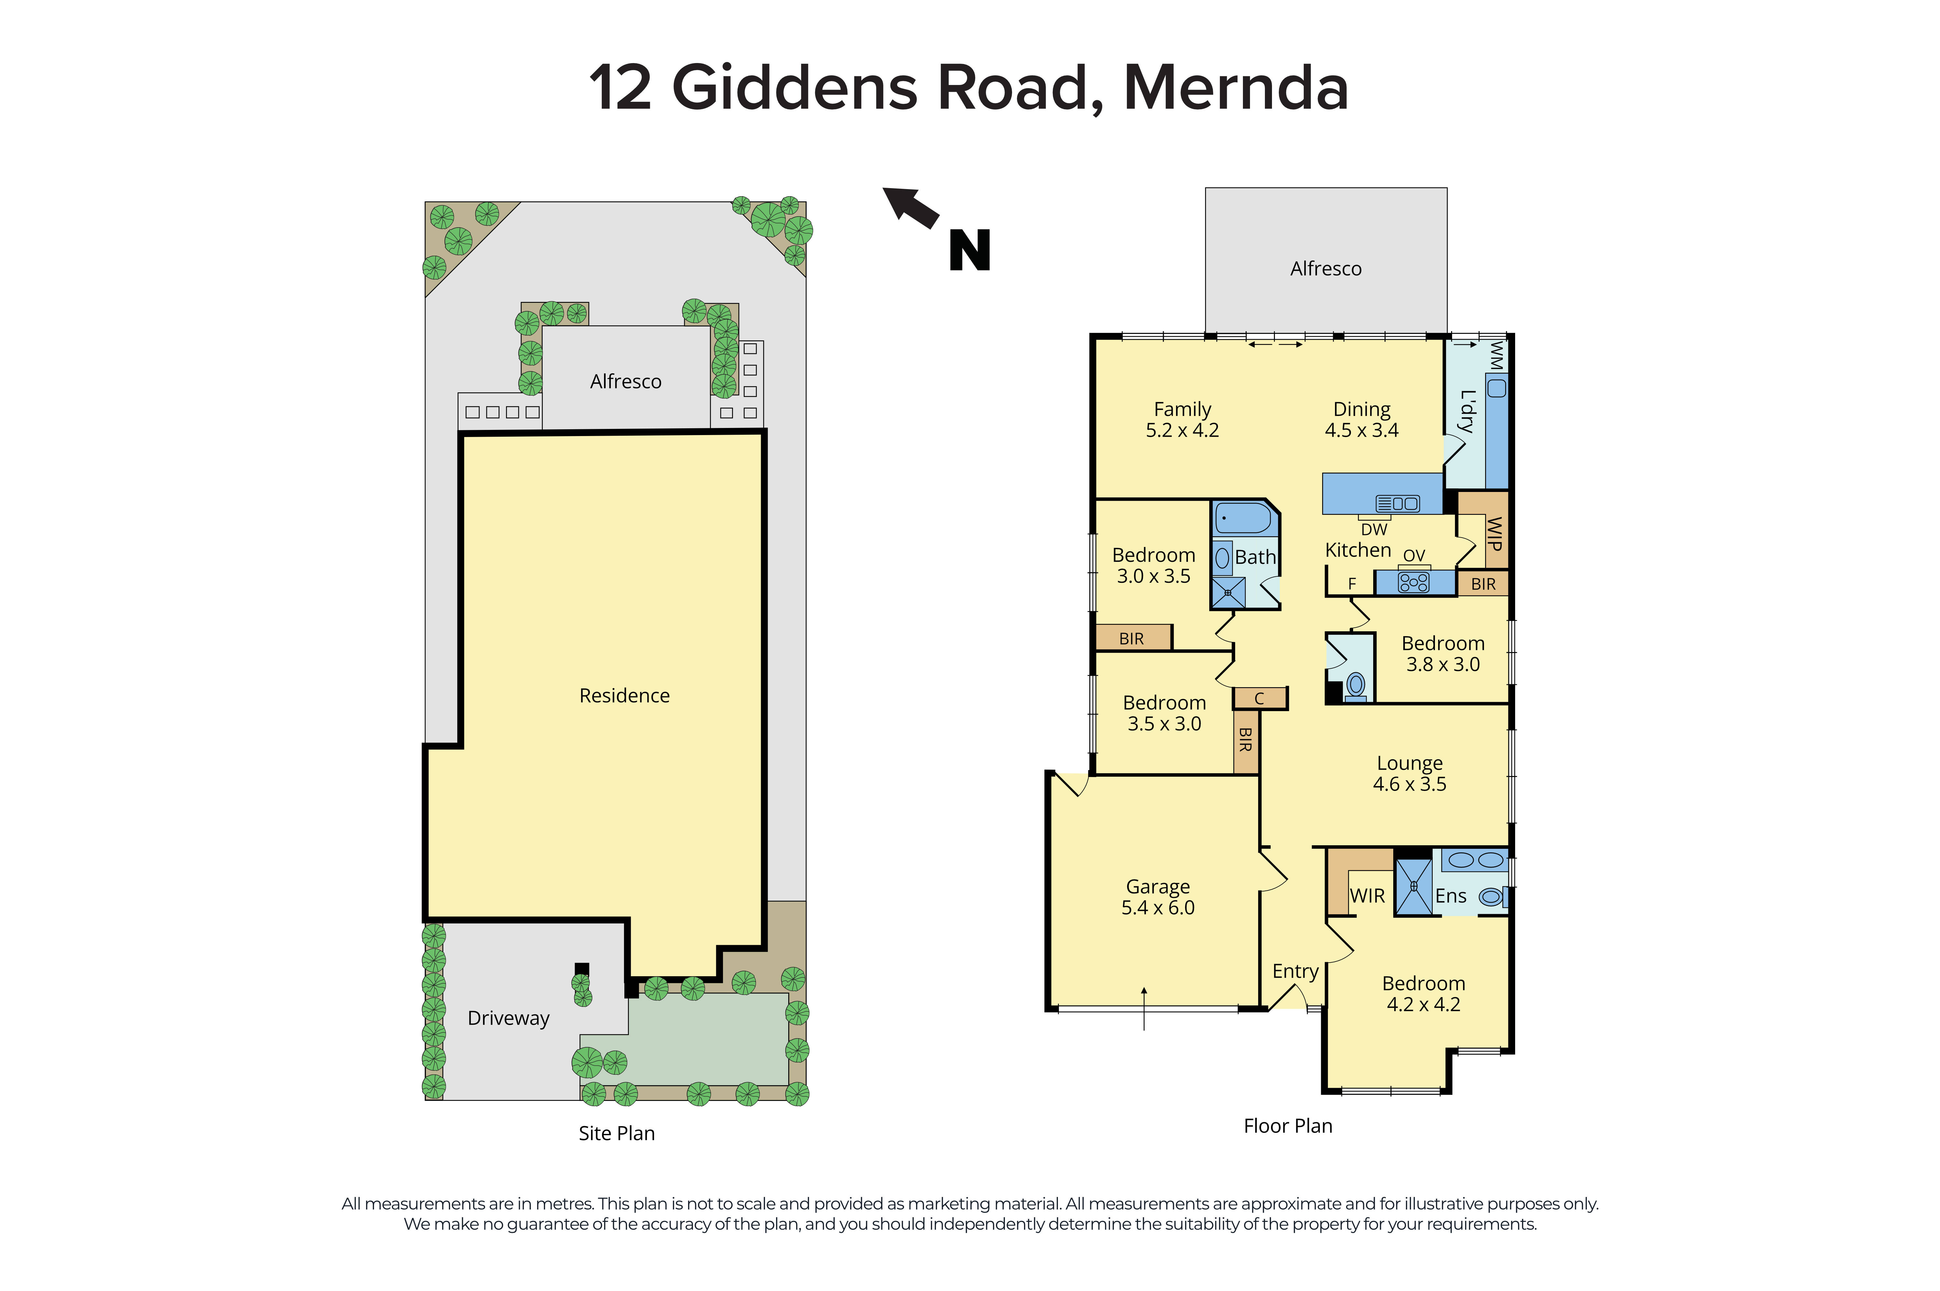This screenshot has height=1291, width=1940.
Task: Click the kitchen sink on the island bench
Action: pos(1397,503)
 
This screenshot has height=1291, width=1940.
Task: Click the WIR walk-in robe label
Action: pos(1367,896)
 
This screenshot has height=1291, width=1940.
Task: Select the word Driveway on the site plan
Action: pos(508,1019)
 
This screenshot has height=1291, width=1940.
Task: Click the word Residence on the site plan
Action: pos(624,696)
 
